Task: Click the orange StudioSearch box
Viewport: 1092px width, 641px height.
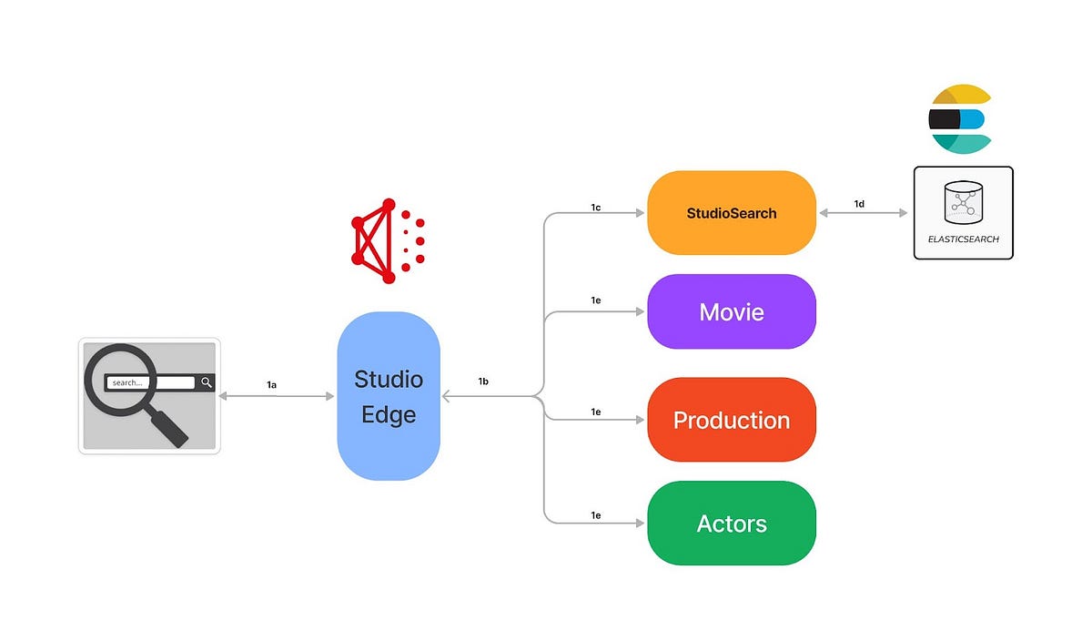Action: coord(731,213)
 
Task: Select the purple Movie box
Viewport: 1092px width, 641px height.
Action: coord(731,312)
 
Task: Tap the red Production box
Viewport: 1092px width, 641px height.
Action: coord(731,420)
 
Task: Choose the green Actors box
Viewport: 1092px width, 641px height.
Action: coord(731,524)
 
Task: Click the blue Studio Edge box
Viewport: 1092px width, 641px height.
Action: coord(389,396)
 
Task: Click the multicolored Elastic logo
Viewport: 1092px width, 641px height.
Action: coord(959,119)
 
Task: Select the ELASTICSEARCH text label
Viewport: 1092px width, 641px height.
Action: coord(963,239)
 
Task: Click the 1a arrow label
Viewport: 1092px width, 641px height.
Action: coord(271,385)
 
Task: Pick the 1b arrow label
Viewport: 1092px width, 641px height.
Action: coord(483,382)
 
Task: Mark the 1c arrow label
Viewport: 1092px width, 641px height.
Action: coord(596,209)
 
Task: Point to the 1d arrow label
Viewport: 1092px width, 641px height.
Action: coord(859,204)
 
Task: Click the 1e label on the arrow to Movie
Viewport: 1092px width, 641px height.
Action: coord(596,300)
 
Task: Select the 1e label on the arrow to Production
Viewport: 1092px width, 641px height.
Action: coord(596,412)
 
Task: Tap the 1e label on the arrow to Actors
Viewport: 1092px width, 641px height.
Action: coord(596,515)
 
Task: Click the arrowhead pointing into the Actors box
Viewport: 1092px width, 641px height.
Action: coord(640,524)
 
